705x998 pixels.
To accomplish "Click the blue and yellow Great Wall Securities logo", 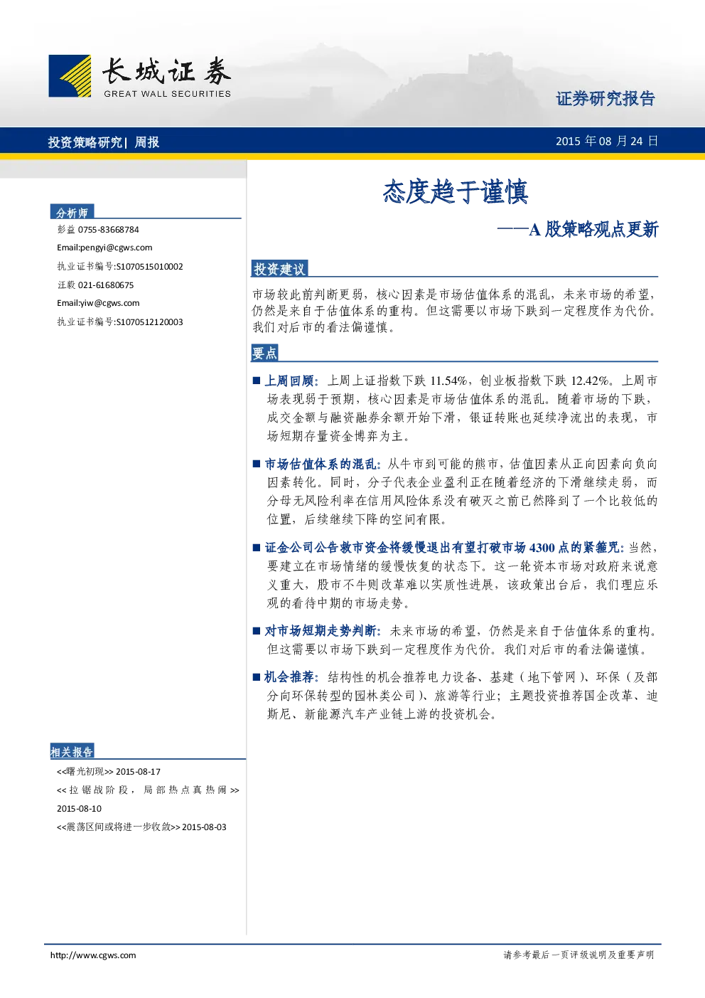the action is pos(70,75).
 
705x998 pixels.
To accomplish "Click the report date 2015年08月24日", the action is pos(607,142).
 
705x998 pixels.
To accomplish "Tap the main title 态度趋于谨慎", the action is pos(456,192).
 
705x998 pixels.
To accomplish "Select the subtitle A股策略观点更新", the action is pos(593,230).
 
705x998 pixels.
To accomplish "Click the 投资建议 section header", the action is pos(279,269).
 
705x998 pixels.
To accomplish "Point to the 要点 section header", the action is pos(264,353).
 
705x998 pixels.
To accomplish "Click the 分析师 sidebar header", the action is pos(72,213).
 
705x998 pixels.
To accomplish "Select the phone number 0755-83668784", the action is pos(108,230).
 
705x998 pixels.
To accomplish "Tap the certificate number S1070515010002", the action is pos(149,267).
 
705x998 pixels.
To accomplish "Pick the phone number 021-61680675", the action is pos(105,285).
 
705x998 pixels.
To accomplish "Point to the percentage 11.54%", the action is pos(448,381).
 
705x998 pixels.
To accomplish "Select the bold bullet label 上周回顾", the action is pos(290,381).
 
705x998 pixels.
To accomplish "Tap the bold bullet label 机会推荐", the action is pos(290,677).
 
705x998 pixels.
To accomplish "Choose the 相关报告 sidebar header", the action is pos(72,752).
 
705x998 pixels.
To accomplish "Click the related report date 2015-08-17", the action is pos(138,772).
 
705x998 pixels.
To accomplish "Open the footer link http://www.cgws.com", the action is pos(93,955).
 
